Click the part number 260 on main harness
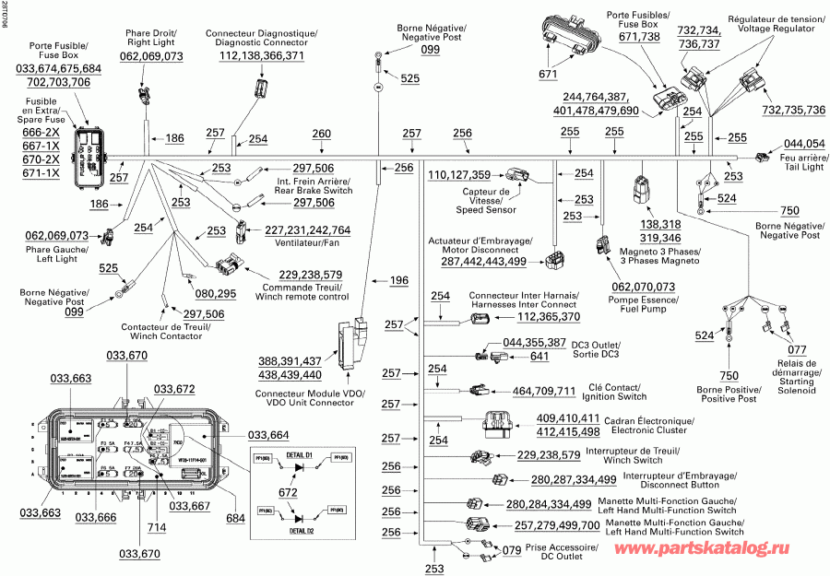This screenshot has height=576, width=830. [321, 135]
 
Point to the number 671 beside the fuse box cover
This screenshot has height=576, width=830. [549, 74]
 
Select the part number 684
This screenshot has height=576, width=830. [235, 518]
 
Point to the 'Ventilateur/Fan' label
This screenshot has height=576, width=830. [293, 243]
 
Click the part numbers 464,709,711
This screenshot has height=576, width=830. [544, 391]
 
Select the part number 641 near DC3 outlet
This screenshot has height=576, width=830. [539, 357]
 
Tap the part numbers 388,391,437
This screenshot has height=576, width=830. [290, 360]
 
